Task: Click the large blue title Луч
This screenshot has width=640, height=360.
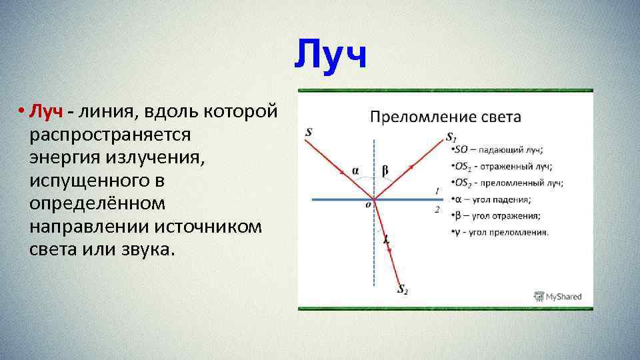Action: pyautogui.click(x=331, y=55)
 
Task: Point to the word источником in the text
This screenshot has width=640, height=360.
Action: pyautogui.click(x=208, y=227)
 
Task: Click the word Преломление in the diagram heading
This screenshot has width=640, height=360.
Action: pyautogui.click(x=415, y=117)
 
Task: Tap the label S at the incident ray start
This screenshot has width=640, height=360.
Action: pyautogui.click(x=308, y=132)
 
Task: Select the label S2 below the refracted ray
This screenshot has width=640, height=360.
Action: pyautogui.click(x=403, y=289)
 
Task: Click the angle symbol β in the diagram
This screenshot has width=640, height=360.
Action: pyautogui.click(x=385, y=171)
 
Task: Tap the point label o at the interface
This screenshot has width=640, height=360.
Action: pyautogui.click(x=367, y=205)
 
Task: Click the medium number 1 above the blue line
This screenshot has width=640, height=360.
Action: pyautogui.click(x=437, y=191)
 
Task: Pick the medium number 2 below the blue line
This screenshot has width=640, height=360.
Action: pyautogui.click(x=437, y=209)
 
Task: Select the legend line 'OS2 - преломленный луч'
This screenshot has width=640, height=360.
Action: pyautogui.click(x=507, y=183)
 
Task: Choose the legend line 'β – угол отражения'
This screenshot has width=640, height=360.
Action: pyautogui.click(x=497, y=215)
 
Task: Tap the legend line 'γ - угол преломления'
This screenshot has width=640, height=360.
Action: pyautogui.click(x=501, y=232)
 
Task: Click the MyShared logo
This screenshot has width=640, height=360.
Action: pyautogui.click(x=558, y=297)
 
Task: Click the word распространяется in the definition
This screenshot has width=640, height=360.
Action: pyautogui.click(x=110, y=134)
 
